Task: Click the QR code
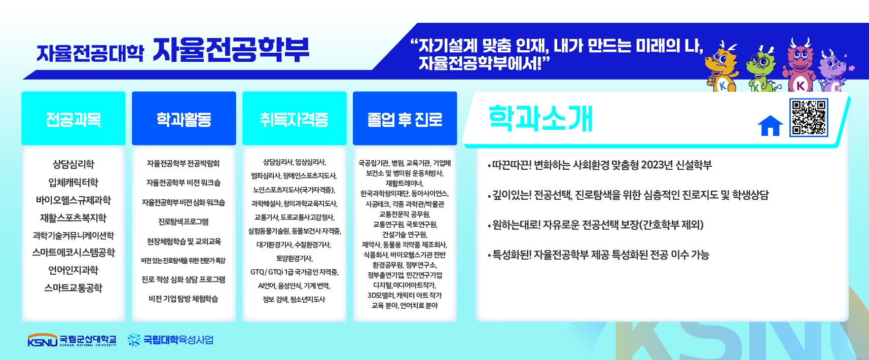pos(809,118)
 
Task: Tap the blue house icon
pos(770,126)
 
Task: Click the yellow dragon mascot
pos(721,66)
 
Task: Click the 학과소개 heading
pos(540,119)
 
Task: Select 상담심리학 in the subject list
pos(74,164)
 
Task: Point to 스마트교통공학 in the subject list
pos(74,288)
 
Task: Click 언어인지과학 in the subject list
pos(74,270)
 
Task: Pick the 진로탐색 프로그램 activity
pos(183,222)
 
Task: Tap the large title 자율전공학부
pos(231,50)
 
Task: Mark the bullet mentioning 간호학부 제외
pos(596,225)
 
